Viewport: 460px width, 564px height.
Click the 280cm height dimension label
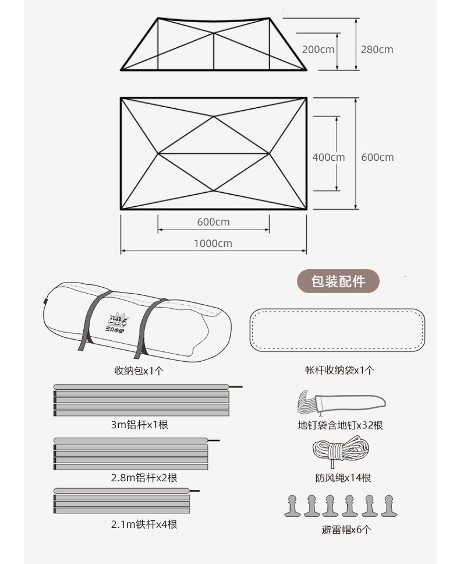(377, 50)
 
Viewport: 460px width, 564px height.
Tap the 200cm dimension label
(318, 50)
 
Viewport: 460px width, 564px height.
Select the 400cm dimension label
(328, 157)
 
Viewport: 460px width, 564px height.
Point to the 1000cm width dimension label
(213, 244)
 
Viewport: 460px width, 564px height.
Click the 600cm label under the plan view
(213, 222)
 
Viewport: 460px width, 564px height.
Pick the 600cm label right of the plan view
(377, 157)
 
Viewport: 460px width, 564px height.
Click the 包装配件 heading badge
(338, 281)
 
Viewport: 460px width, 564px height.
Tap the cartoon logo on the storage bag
(117, 323)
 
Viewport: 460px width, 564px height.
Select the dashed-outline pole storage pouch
(338, 329)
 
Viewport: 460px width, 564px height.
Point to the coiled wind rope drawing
(341, 451)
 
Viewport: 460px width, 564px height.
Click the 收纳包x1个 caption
(139, 371)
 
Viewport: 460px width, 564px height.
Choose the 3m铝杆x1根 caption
(139, 425)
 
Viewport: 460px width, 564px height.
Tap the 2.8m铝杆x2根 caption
(144, 478)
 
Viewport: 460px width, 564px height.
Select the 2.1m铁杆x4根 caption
(144, 524)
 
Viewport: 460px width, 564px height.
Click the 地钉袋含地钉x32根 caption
(340, 425)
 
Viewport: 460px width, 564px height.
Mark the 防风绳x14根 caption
(343, 478)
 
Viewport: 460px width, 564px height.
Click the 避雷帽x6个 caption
(346, 530)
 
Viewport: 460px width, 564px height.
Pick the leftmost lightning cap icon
(292, 506)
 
